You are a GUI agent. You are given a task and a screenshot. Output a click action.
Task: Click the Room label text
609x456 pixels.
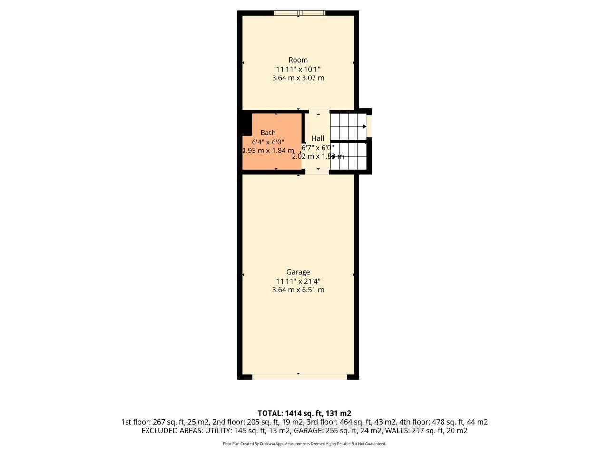pyautogui.click(x=298, y=60)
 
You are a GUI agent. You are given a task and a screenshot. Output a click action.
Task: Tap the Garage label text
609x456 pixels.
pyautogui.click(x=298, y=272)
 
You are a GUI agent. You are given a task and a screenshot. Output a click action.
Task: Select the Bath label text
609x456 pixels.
pyautogui.click(x=267, y=133)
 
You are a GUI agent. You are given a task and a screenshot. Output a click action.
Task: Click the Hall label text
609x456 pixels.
pyautogui.click(x=318, y=138)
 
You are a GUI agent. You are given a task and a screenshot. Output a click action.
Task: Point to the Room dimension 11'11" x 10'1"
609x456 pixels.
pyautogui.click(x=298, y=69)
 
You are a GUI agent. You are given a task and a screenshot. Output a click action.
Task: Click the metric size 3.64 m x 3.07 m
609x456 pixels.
pyautogui.click(x=298, y=78)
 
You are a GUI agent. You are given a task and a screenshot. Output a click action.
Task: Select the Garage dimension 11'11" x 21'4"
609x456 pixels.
pyautogui.click(x=298, y=281)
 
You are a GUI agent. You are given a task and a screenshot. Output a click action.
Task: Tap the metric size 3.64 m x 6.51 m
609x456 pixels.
pyautogui.click(x=298, y=290)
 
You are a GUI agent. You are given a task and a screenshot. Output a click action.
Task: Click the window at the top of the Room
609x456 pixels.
pyautogui.click(x=298, y=13)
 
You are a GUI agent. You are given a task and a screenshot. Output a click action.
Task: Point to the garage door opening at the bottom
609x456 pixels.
pyautogui.click(x=299, y=377)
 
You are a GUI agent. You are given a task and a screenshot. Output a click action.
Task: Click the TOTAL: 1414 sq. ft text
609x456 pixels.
pyautogui.click(x=304, y=413)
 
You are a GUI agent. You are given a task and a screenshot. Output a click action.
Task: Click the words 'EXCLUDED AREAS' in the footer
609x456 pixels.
pyautogui.click(x=172, y=431)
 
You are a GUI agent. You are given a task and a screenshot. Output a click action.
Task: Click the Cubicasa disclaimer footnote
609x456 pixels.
pyautogui.click(x=304, y=444)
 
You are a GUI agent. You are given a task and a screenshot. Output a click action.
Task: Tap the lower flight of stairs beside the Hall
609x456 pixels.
pyautogui.click(x=350, y=156)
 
